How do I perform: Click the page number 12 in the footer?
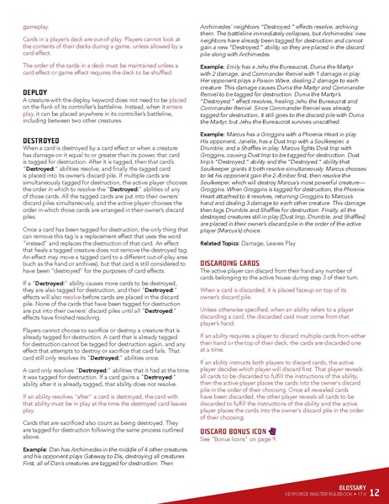374,491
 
